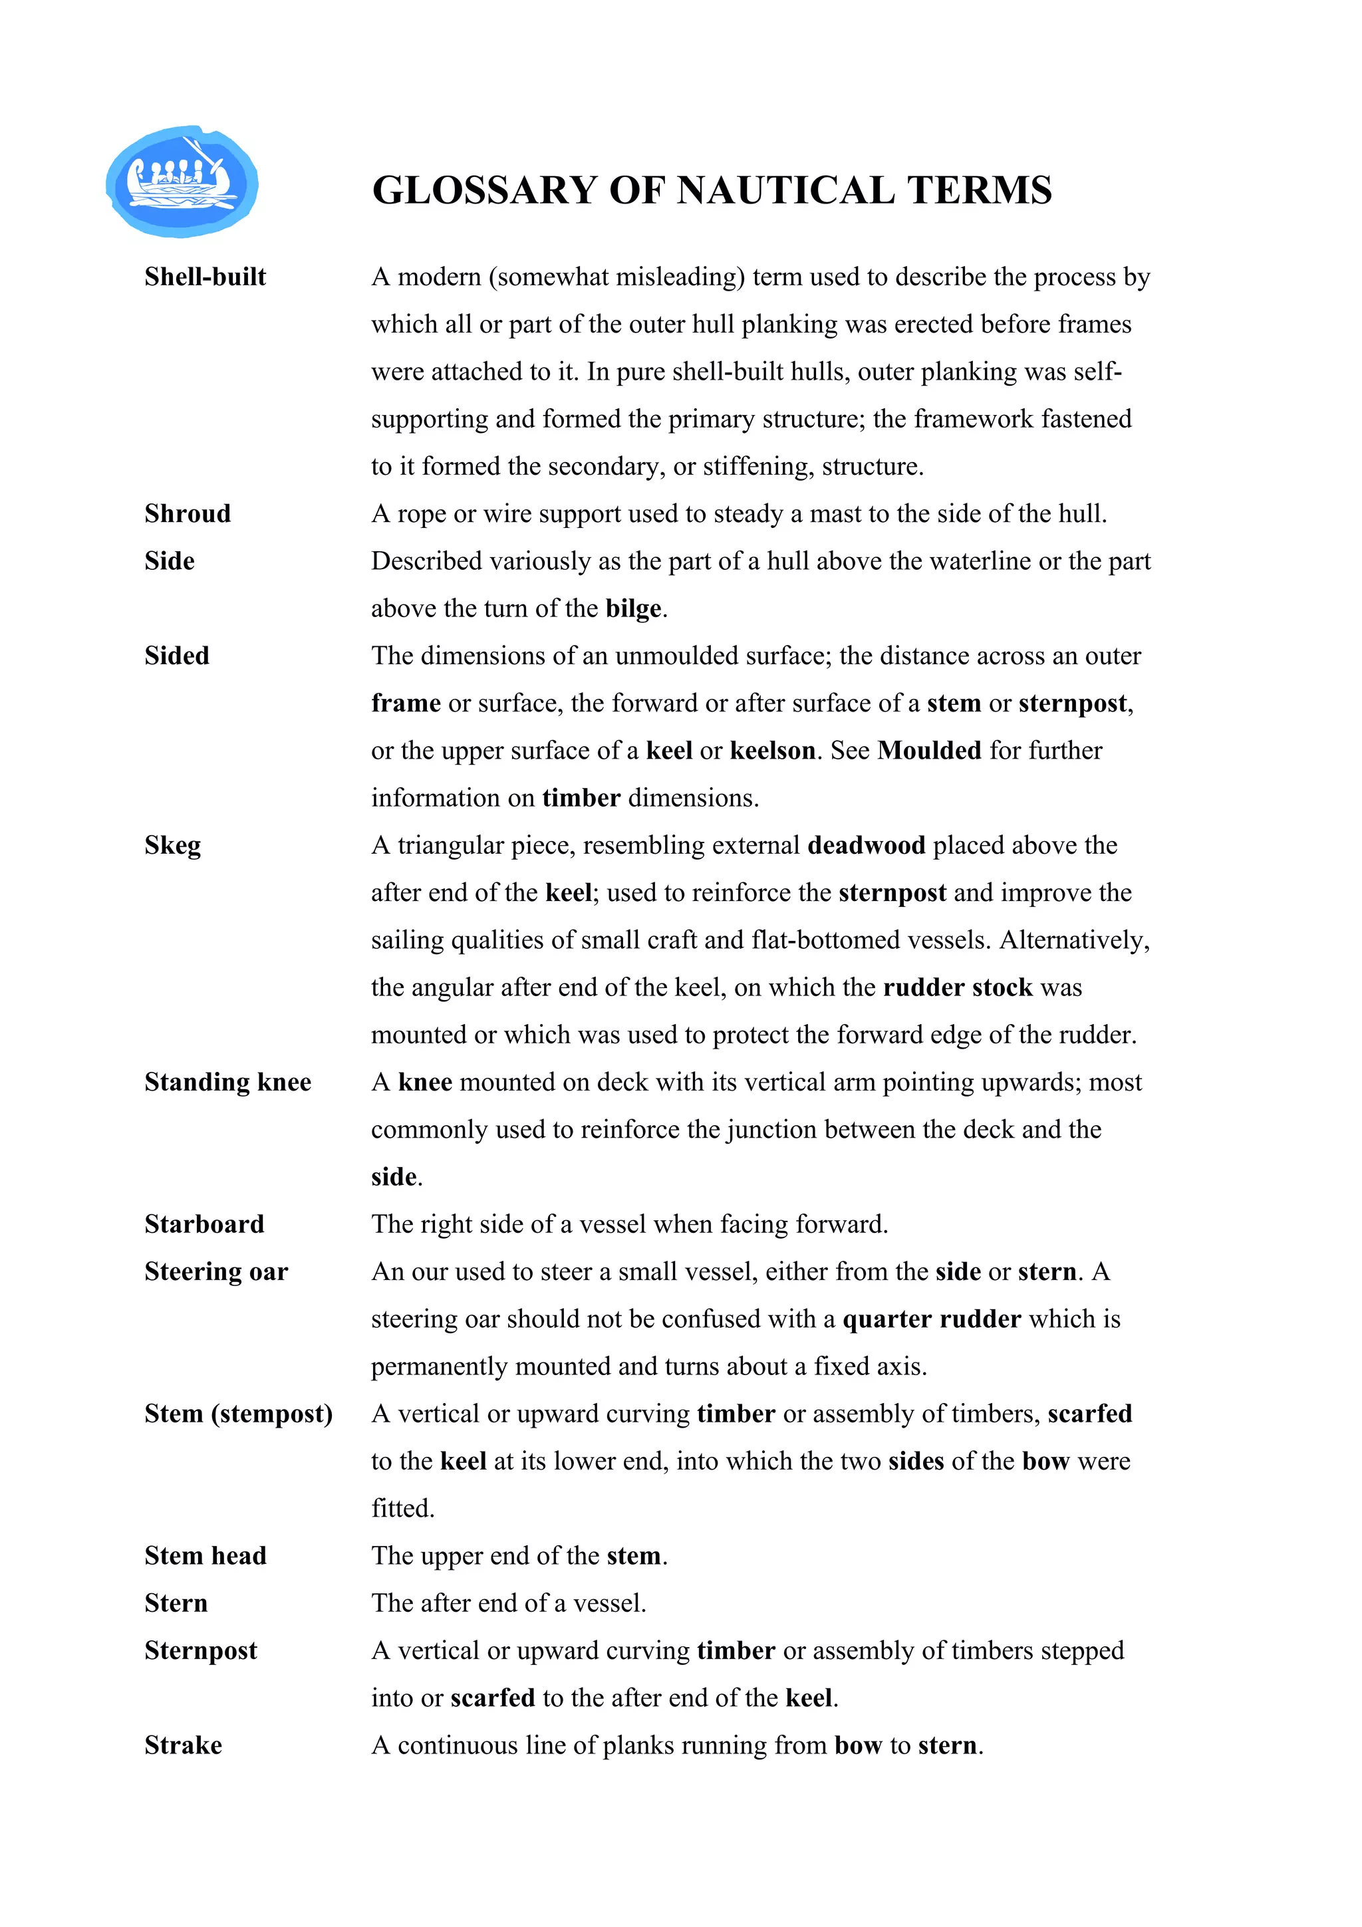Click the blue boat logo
[x=182, y=182]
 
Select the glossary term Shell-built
[x=205, y=277]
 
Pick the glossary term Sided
[x=176, y=656]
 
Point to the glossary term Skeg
[x=172, y=845]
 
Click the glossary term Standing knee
[x=227, y=1082]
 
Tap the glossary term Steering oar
[x=215, y=1271]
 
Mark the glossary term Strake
[x=183, y=1745]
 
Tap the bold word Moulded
[x=929, y=750]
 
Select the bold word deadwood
[x=866, y=845]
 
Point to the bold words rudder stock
[x=958, y=988]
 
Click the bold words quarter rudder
[x=932, y=1319]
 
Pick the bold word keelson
[x=772, y=750]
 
